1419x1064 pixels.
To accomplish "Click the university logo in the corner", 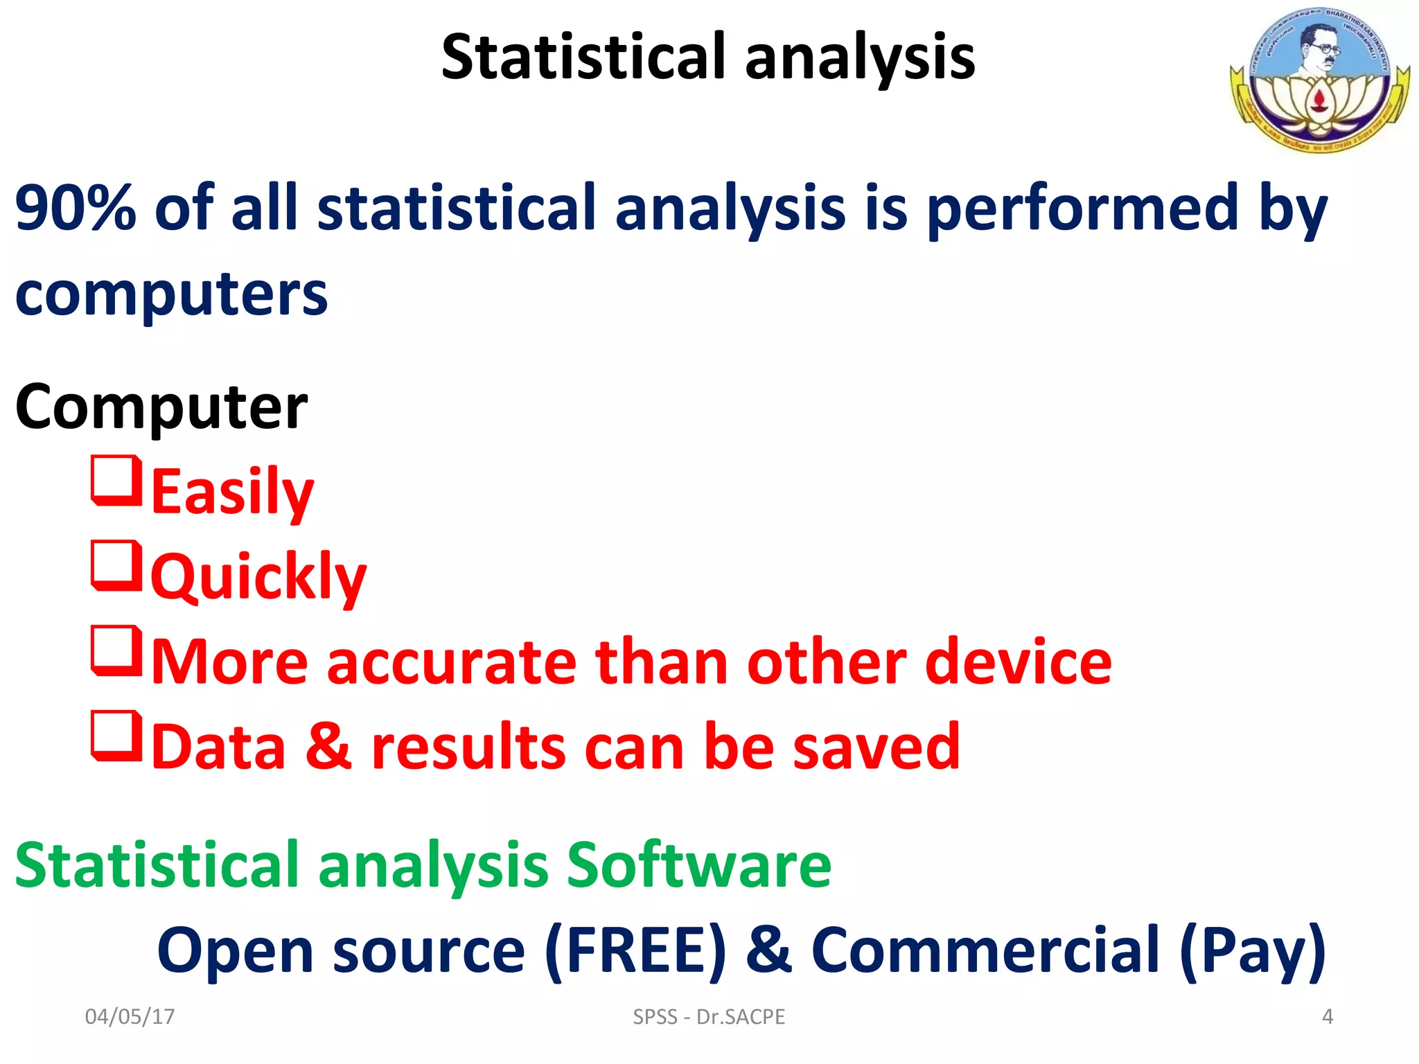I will point(1319,79).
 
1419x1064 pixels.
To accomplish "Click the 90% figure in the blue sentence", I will point(76,207).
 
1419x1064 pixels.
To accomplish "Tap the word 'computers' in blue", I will point(171,294).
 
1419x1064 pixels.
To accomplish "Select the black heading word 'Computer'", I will point(161,407).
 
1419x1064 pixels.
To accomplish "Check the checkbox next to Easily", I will point(116,480).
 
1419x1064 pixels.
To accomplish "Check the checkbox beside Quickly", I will point(116,565).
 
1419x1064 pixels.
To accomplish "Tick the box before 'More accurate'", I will point(116,650).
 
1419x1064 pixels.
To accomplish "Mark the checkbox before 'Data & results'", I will point(116,736).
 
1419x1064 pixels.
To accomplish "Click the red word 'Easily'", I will point(232,492).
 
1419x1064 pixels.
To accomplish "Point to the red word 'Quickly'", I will point(258,577).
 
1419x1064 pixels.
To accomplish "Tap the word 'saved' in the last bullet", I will point(876,747).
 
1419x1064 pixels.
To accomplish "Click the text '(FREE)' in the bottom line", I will point(635,950).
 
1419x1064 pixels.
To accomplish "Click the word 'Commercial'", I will point(985,950).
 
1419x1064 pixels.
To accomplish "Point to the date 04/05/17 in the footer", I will point(130,1016).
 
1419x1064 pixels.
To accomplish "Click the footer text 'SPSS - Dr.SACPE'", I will point(709,1016).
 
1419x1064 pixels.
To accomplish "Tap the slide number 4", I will point(1327,1016).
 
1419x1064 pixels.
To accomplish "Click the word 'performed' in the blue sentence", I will point(1082,207).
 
